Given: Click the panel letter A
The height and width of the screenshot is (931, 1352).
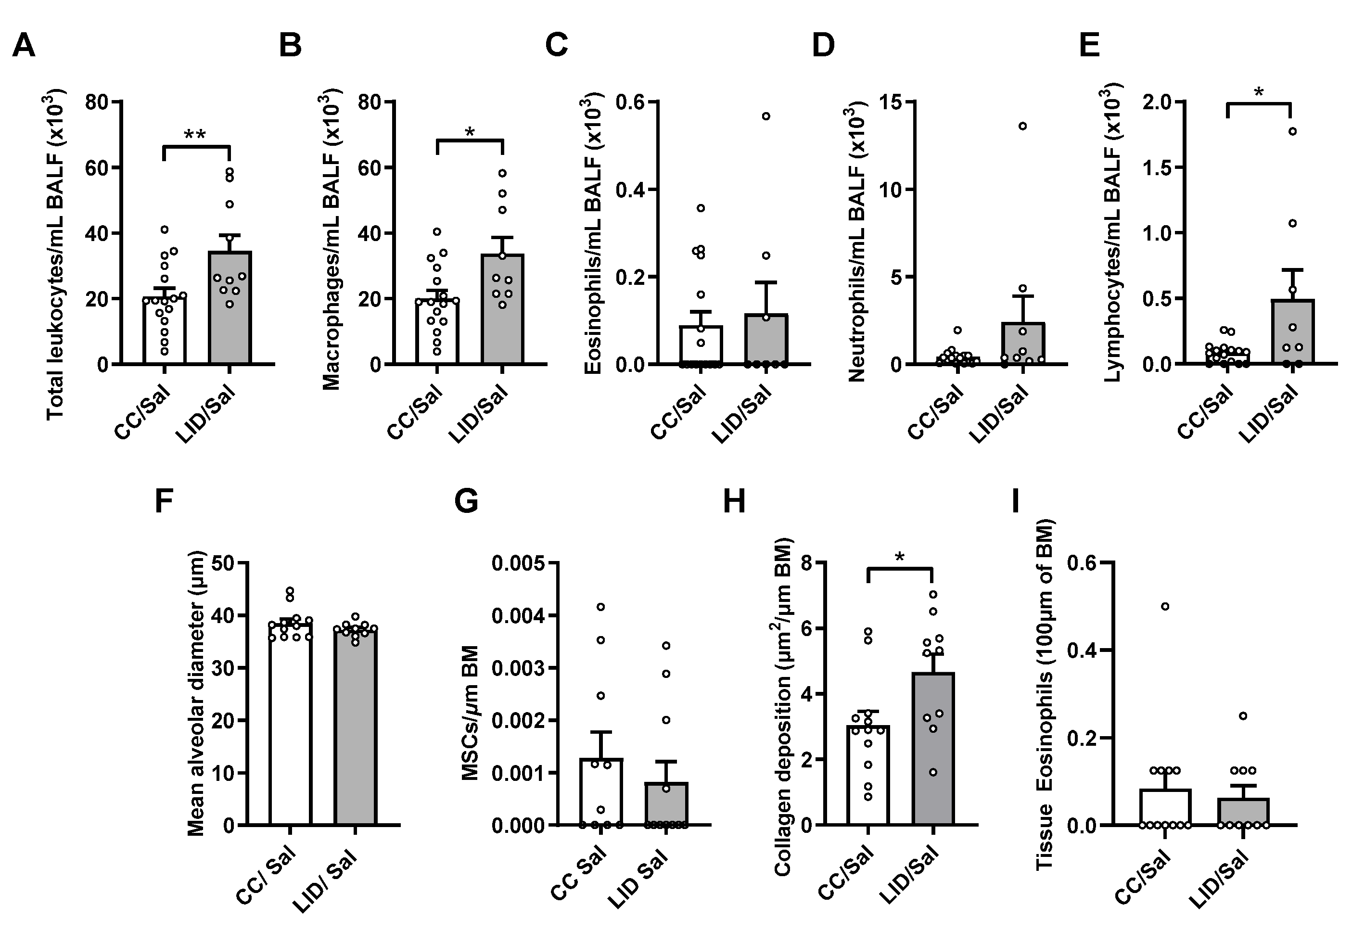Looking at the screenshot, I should click(x=23, y=46).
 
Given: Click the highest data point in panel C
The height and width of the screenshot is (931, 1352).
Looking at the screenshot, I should click(x=766, y=116).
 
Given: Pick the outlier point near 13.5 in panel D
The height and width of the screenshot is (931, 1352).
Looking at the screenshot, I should click(x=1022, y=126).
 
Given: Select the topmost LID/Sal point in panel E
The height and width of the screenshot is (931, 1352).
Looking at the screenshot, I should click(x=1292, y=131).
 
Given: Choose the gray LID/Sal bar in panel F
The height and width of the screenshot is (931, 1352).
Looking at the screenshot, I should click(x=355, y=729).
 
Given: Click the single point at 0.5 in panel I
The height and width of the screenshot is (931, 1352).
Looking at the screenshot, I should click(x=1165, y=607).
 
